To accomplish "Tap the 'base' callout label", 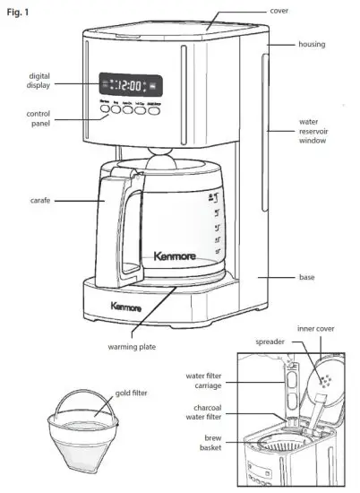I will pyautogui.click(x=307, y=277).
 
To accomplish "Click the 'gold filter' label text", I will pyautogui.click(x=131, y=393).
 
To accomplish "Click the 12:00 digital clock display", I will pyautogui.click(x=131, y=86).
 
